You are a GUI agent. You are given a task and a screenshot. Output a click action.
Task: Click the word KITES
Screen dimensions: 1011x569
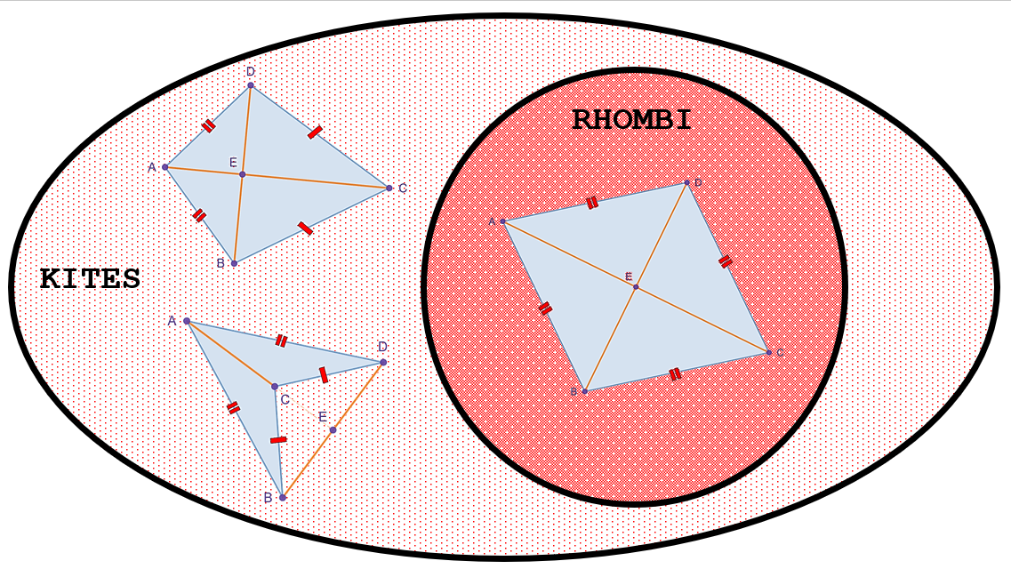point(91,279)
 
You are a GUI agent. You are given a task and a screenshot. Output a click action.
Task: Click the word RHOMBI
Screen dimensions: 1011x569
point(632,121)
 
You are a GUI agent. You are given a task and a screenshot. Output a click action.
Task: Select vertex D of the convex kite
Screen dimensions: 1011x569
point(251,85)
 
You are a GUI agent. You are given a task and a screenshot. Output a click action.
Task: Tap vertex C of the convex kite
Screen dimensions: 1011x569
point(389,188)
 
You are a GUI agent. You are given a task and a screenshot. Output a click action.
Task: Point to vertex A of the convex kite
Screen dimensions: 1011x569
point(165,167)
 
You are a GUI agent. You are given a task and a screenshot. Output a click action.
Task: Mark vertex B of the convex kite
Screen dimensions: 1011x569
point(234,263)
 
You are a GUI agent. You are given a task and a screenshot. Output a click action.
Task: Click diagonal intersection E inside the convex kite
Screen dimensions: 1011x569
point(243,174)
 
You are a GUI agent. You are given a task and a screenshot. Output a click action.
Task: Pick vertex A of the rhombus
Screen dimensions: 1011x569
point(503,221)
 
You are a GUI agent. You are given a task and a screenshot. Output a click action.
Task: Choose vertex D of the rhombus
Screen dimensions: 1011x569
point(686,183)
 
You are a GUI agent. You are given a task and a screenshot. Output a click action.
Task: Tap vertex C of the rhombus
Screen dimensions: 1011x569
point(768,352)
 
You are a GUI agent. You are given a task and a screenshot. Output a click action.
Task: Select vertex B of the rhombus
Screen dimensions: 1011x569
point(585,391)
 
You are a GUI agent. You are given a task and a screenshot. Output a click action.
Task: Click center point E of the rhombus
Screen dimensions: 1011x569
point(636,287)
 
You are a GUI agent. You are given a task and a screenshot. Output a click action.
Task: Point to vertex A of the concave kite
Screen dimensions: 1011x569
point(187,321)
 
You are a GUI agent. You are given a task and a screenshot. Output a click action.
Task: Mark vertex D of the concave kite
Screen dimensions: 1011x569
point(383,362)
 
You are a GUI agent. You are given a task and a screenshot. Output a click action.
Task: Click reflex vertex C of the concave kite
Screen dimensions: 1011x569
point(275,386)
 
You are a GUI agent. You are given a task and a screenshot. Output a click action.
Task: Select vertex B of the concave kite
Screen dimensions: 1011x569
point(283,498)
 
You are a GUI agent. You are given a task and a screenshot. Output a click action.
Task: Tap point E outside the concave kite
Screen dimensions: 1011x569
point(333,429)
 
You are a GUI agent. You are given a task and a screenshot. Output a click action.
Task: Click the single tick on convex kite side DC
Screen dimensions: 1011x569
point(315,132)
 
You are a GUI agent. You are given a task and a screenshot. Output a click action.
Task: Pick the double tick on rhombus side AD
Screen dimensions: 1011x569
point(592,204)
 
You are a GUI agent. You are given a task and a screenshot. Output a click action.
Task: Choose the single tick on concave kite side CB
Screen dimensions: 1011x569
point(278,440)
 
